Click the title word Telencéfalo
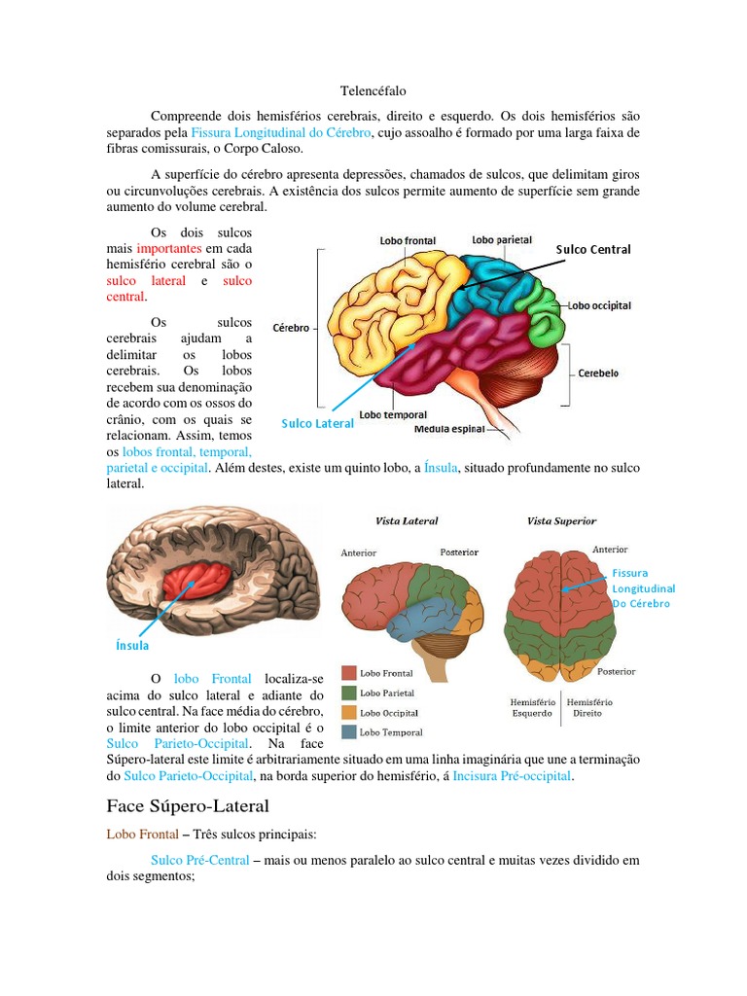pyautogui.click(x=373, y=90)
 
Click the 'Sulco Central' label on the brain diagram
pyautogui.click(x=593, y=249)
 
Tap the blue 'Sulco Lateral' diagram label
pyautogui.click(x=318, y=423)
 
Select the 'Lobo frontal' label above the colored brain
pyautogui.click(x=408, y=240)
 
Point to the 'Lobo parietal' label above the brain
pyautogui.click(x=500, y=238)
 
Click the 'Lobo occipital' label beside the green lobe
pyautogui.click(x=600, y=305)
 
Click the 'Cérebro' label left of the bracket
pyautogui.click(x=291, y=328)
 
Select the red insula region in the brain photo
pyautogui.click(x=197, y=582)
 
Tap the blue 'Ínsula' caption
pyautogui.click(x=132, y=644)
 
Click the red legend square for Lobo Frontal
pyautogui.click(x=348, y=673)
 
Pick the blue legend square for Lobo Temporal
pyautogui.click(x=348, y=731)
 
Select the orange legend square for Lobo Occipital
pyautogui.click(x=348, y=712)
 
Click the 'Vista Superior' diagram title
pyautogui.click(x=561, y=521)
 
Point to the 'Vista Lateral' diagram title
pyautogui.click(x=408, y=521)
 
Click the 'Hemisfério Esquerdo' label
pyautogui.click(x=532, y=706)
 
